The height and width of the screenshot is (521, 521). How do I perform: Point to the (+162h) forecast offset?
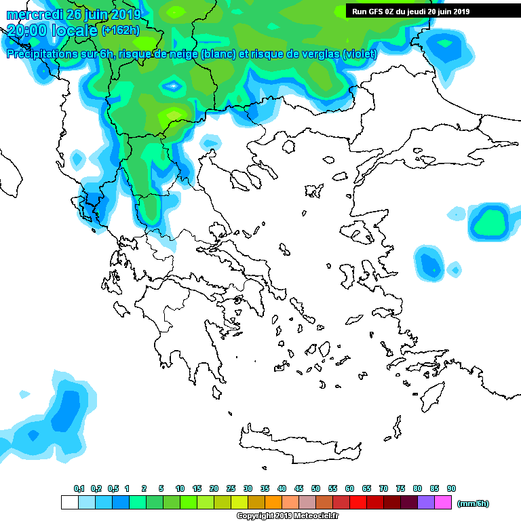pos(120,30)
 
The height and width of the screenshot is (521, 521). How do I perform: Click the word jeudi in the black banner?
pos(412,12)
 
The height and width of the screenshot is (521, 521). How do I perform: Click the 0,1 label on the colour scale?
pos(79,489)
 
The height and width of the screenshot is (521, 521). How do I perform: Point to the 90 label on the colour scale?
pos(451,489)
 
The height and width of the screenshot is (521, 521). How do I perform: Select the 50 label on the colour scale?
pos(315,489)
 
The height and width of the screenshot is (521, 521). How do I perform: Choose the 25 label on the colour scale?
pos(231,489)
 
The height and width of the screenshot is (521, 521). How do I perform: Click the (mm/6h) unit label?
pos(473,503)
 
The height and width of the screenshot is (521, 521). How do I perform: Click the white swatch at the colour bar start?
pos(69,503)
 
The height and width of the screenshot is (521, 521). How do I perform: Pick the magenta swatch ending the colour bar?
pos(443,503)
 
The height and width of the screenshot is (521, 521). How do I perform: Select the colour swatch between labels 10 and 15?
pos(188,503)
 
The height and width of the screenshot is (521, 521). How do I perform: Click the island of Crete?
pos(298,444)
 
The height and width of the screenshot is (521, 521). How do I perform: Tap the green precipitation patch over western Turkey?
pos(490,222)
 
